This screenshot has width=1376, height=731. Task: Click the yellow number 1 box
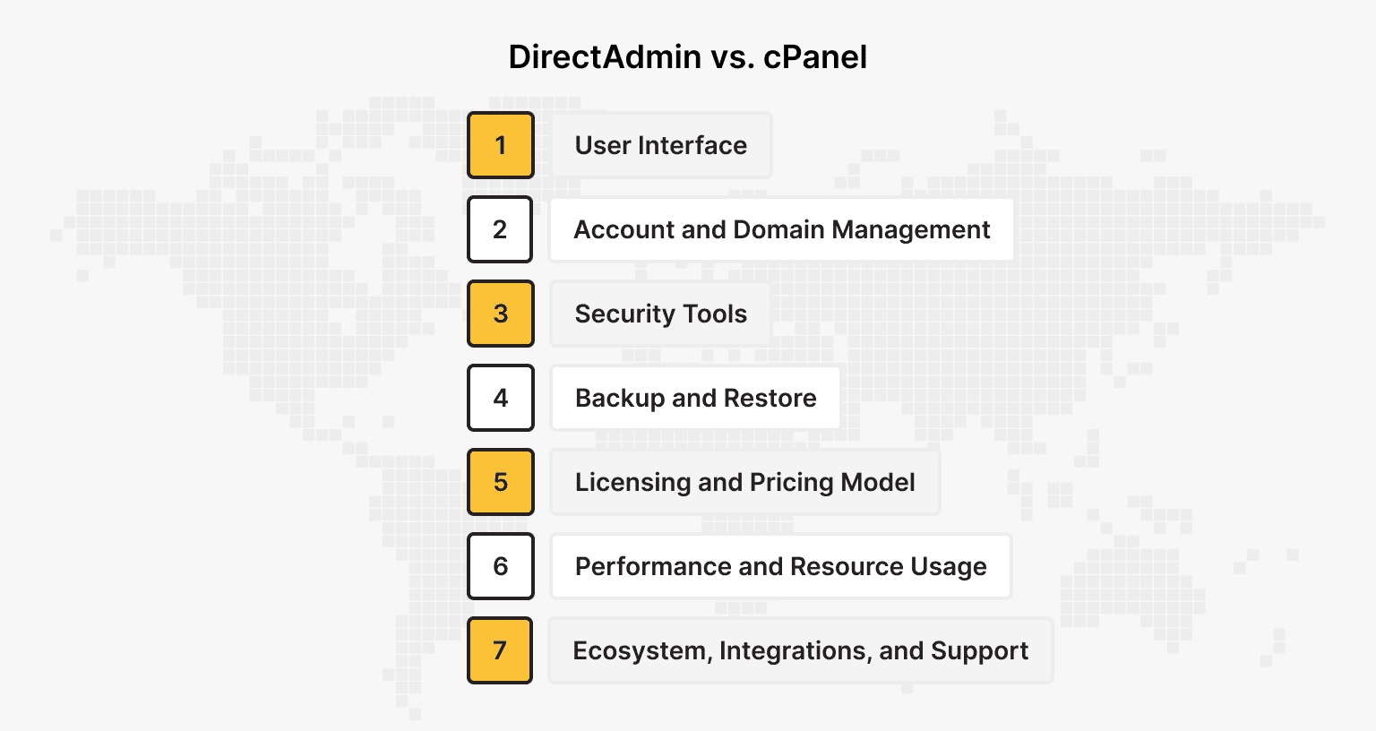tap(501, 145)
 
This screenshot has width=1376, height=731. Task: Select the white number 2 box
tap(501, 229)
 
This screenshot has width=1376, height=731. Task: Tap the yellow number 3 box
tap(501, 314)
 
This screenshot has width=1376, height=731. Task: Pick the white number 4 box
tap(501, 398)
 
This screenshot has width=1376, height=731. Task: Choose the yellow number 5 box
tap(501, 482)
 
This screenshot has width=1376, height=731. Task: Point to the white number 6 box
tap(501, 566)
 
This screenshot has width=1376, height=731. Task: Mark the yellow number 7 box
tap(500, 650)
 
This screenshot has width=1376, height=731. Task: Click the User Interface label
tap(661, 145)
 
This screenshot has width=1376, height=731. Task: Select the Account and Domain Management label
tap(781, 229)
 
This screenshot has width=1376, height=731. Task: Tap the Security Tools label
tap(660, 314)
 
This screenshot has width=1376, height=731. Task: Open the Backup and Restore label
tap(695, 398)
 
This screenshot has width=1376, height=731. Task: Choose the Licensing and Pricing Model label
tap(744, 482)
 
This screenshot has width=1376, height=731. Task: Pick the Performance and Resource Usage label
tap(780, 566)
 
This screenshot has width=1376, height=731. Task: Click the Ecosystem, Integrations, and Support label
tap(800, 650)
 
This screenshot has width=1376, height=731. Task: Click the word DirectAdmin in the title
tap(605, 57)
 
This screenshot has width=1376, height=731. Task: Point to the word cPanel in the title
tap(815, 57)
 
